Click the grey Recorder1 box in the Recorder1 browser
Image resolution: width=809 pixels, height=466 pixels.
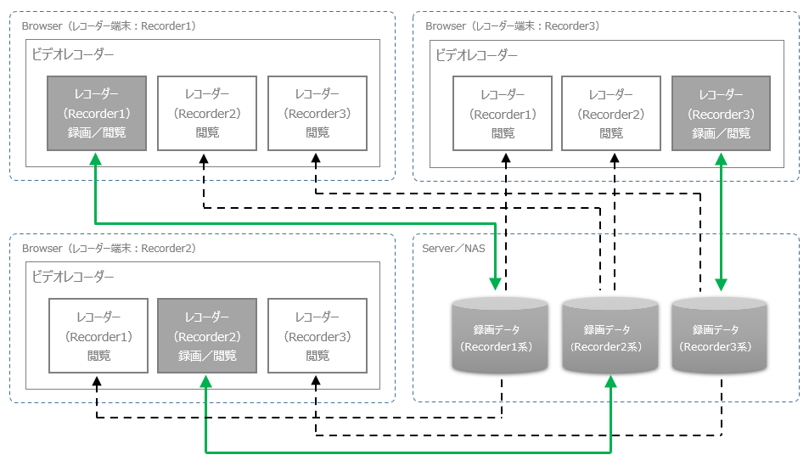(97, 114)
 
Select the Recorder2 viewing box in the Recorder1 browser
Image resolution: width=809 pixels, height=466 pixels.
(207, 114)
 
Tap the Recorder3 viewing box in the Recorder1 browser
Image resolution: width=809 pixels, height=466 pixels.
(317, 114)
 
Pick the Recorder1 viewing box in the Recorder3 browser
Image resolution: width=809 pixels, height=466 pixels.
(503, 114)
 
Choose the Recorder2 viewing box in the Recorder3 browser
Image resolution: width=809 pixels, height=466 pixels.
(611, 114)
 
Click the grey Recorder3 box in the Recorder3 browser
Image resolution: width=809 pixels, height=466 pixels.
(721, 114)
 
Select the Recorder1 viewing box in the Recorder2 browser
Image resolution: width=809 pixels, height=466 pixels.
(98, 335)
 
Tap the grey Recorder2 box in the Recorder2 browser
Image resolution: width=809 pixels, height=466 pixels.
(207, 335)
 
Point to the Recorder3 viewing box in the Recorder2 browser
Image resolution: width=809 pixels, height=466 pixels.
(317, 335)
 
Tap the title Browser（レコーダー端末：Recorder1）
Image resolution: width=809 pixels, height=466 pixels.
(109, 25)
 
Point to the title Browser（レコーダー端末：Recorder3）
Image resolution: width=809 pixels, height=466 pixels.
(513, 25)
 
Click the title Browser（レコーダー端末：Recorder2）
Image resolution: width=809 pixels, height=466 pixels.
(109, 248)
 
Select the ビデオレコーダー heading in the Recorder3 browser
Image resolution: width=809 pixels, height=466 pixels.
(476, 55)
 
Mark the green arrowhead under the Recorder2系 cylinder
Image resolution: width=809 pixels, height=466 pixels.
(610, 384)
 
